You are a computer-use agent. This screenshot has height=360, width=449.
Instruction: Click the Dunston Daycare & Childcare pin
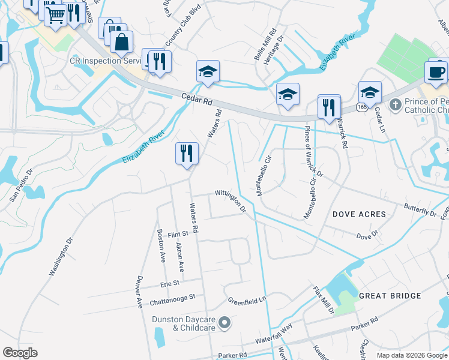pyautogui.click(x=224, y=323)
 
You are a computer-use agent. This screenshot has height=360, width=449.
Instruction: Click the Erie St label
pyautogui.click(x=170, y=283)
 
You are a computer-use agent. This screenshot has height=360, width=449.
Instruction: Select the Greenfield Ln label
pyautogui.click(x=247, y=299)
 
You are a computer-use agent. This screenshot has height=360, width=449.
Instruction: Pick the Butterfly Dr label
pyautogui.click(x=421, y=212)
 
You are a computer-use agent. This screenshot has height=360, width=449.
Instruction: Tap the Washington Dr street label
pyautogui.click(x=61, y=257)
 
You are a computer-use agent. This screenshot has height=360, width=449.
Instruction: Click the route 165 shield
pyautogui.click(x=361, y=106)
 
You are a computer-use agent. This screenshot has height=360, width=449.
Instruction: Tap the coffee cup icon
pyautogui.click(x=436, y=72)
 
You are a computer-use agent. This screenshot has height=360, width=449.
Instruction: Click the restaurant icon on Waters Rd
pyautogui.click(x=187, y=153)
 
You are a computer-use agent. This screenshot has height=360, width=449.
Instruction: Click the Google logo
pyautogui.click(x=20, y=353)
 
